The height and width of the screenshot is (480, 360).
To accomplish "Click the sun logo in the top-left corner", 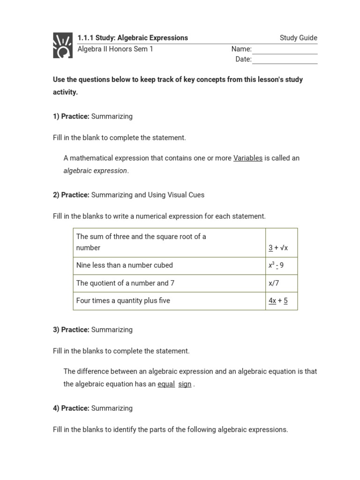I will [63, 45].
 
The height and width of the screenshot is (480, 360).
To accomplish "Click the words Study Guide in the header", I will [298, 38].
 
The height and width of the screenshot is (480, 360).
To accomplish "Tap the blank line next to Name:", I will [285, 50].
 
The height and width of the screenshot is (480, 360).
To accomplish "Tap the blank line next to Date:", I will [285, 60].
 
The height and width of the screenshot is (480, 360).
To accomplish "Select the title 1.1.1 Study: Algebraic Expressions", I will [133, 38].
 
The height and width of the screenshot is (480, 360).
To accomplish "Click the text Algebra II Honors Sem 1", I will [115, 49].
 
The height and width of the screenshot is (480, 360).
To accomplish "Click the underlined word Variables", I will [248, 158].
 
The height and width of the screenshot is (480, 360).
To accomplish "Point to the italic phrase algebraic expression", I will [95, 171].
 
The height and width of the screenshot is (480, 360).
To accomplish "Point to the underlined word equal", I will [166, 384].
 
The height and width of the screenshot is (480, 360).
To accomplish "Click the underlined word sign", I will [185, 384].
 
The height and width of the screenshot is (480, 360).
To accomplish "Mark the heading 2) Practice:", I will [71, 195].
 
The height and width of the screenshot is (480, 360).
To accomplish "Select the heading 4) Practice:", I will [71, 408].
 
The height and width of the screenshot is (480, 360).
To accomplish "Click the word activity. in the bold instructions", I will [65, 92].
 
